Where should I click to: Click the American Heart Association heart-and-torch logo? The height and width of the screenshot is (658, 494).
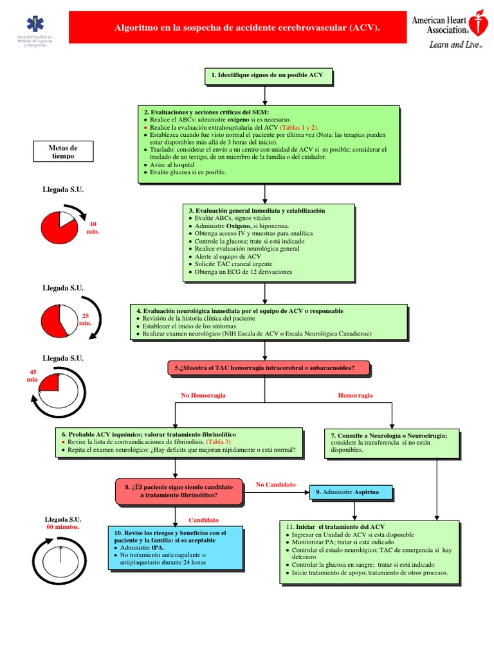pos(477,23)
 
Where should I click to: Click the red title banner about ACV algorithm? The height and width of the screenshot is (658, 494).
pos(247,28)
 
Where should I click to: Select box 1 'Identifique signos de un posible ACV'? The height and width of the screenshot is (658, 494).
pos(268,76)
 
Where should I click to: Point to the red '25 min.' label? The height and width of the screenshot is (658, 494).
pos(86,319)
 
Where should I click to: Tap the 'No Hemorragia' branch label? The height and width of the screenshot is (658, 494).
pos(203,396)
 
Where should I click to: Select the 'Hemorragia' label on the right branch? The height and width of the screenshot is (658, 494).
pos(355,396)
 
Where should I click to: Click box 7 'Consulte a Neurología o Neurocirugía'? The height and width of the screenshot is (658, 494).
pos(392,442)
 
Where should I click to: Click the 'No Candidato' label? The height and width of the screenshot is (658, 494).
pos(275,484)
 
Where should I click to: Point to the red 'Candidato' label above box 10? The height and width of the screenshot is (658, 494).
pos(203,520)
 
